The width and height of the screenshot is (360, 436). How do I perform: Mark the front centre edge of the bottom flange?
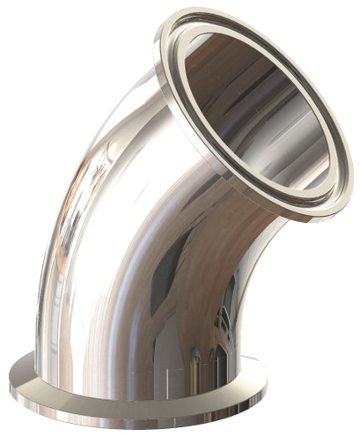tap(158, 427)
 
